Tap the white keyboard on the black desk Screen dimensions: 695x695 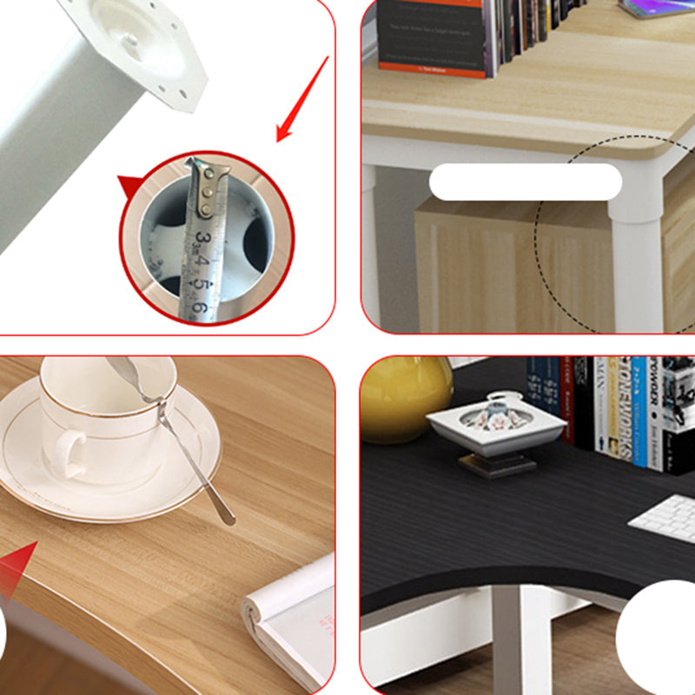[x=665, y=520]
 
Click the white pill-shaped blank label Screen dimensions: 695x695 [x=526, y=182]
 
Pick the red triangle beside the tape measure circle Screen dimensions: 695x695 [x=129, y=186]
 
